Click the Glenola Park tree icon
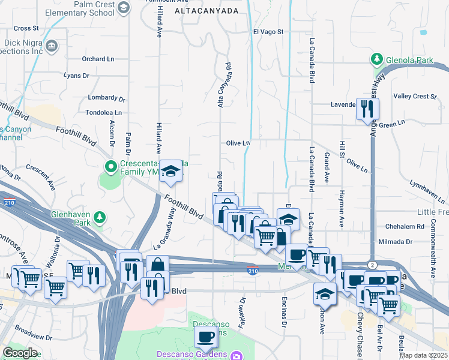tap(377, 59)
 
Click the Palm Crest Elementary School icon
tap(124, 7)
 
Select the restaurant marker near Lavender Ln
tap(367, 109)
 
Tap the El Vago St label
tap(268, 31)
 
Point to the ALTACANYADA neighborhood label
tap(206, 11)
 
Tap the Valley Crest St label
tap(415, 96)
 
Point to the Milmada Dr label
tap(395, 242)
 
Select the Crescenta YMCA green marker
tap(110, 166)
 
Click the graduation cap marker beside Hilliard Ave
tap(170, 172)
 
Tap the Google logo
tap(20, 353)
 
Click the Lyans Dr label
tap(76, 76)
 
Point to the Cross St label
tap(26, 28)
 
